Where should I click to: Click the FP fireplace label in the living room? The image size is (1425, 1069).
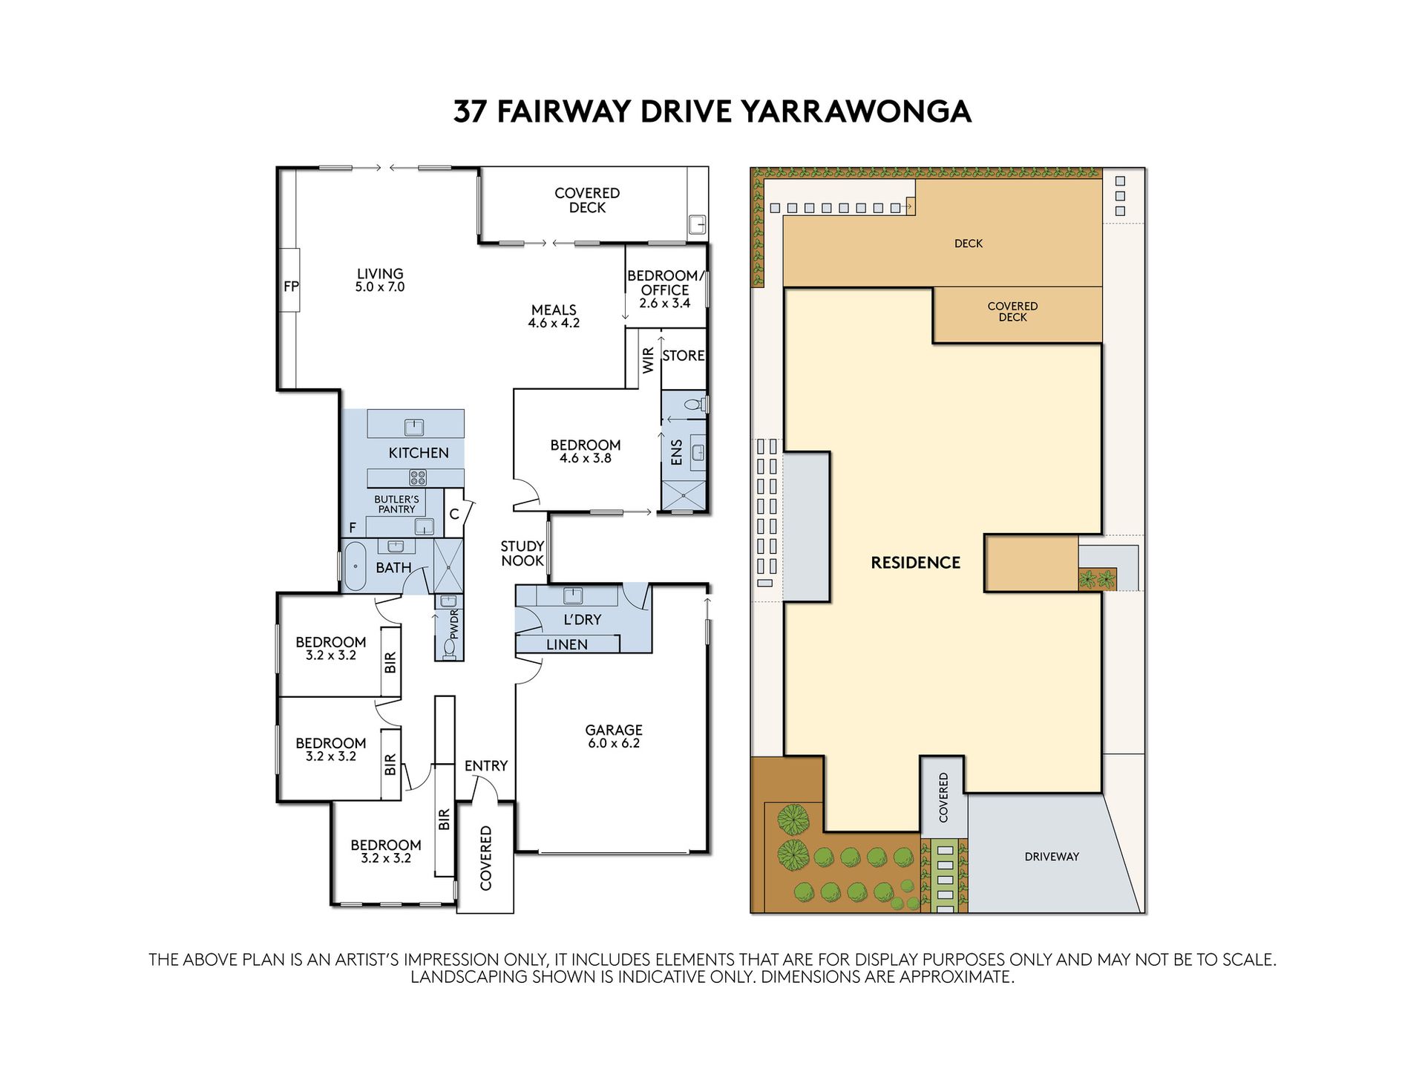point(291,286)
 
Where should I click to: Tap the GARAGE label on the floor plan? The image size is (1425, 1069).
point(614,730)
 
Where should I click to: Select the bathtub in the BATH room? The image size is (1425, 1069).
point(356,566)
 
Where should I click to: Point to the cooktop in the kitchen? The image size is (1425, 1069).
point(418,477)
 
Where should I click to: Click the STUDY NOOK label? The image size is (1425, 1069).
point(522,553)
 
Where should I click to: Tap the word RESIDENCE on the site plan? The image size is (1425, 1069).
point(915,563)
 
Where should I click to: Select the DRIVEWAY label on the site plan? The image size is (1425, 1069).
point(1052,857)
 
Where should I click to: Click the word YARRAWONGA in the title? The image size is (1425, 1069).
point(856,112)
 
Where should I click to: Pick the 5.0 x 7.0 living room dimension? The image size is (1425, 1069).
point(380,287)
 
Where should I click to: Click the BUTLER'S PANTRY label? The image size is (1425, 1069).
point(396,505)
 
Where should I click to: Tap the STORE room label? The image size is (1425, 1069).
point(683,356)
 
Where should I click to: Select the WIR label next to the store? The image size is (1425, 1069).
point(649,361)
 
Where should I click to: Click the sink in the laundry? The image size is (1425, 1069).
point(572,595)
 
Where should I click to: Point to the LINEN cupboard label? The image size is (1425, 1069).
point(567,644)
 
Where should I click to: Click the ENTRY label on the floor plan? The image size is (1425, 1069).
point(486,765)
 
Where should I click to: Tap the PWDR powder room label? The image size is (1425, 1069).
point(454,624)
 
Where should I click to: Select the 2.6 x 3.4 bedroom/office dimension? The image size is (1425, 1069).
point(665,303)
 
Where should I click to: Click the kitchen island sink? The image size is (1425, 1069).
point(413,427)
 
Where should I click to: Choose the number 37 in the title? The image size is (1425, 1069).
point(471,112)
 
